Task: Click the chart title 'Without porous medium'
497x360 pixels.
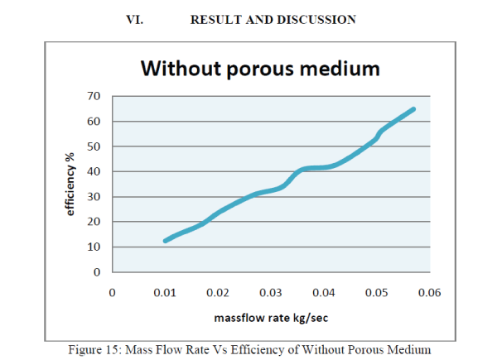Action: tap(259, 68)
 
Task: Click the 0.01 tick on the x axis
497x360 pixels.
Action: tap(165, 292)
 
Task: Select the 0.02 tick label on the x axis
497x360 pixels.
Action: tap(218, 292)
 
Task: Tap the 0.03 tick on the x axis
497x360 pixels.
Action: tap(271, 292)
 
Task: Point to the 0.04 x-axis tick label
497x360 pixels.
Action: tap(324, 292)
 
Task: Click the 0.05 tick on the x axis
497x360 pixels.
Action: tap(377, 292)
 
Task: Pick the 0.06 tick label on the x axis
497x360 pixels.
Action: tap(430, 292)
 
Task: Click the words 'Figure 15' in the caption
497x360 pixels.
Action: tap(89, 349)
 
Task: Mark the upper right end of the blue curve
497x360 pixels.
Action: tap(413, 109)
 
